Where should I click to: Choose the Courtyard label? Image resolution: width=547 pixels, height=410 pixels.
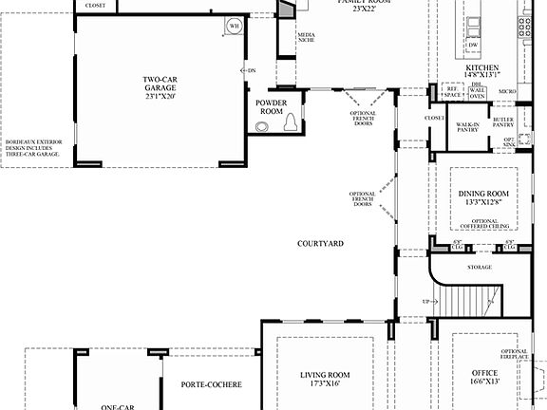[320, 244]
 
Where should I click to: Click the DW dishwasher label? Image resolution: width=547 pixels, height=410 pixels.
[472, 46]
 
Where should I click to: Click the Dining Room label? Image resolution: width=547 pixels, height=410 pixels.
[483, 194]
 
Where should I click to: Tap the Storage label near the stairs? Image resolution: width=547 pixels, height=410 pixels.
[480, 268]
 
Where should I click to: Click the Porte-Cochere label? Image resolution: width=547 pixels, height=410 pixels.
[211, 384]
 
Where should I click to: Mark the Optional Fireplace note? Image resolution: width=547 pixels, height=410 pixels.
[515, 355]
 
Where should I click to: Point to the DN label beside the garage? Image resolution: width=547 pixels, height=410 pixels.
[251, 70]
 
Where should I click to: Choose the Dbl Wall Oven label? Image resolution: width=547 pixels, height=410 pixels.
[478, 92]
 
